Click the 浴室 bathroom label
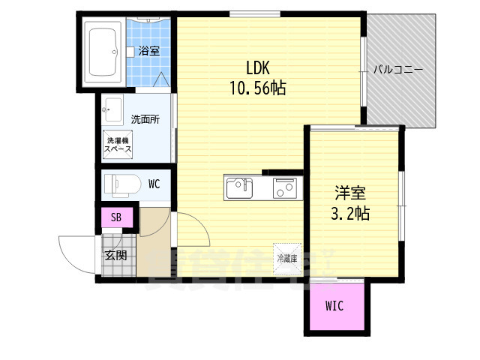coord(148,52)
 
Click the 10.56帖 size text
coord(257,88)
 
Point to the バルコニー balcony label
coord(399,70)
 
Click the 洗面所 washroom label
coord(145,119)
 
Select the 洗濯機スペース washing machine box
coord(118,145)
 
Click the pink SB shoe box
coord(115,218)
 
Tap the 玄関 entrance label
coord(115,254)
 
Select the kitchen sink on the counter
coord(241,186)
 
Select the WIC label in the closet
coord(335,306)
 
